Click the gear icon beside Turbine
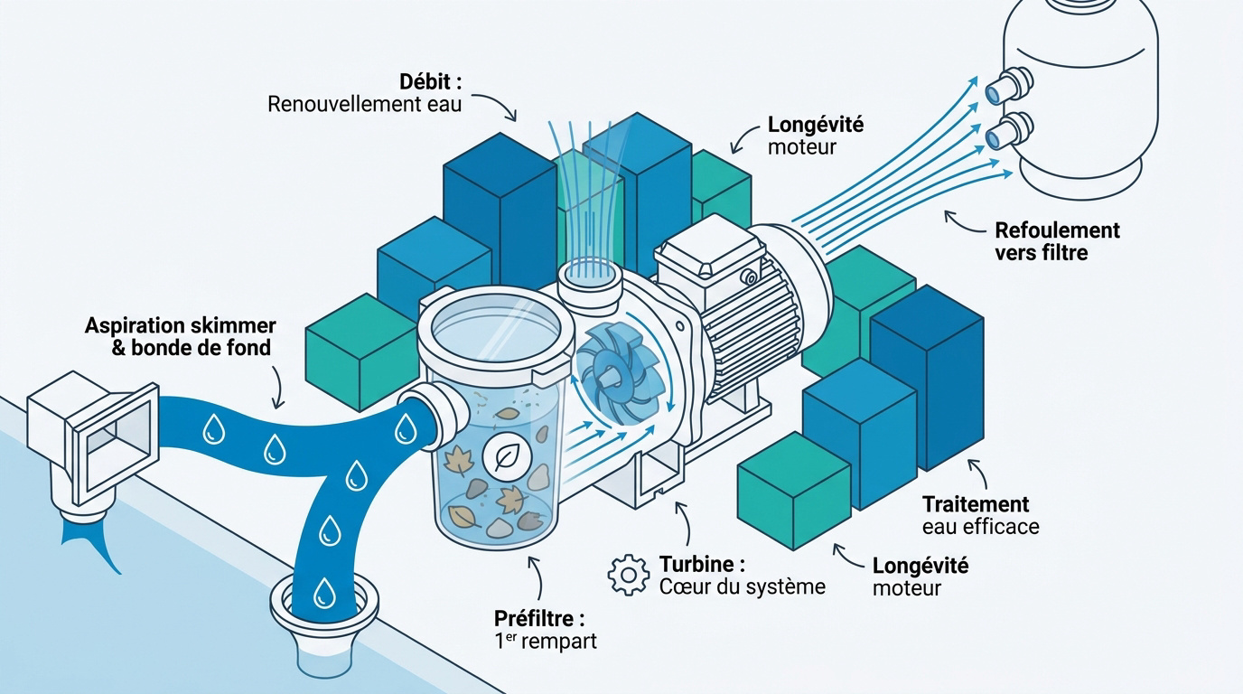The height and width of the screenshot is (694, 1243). tap(628, 575)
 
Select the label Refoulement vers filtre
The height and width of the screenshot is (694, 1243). tap(1057, 241)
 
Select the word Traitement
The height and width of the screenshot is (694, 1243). tap(976, 504)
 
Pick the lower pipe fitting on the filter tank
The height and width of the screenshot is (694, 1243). tap(1008, 130)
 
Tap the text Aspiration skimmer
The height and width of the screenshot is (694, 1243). tap(181, 325)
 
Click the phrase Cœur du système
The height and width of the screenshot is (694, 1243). tap(743, 586)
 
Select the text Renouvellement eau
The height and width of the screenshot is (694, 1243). tap(365, 105)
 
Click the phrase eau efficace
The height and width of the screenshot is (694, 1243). tap(980, 527)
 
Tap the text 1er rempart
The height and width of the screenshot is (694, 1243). tap(545, 641)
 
